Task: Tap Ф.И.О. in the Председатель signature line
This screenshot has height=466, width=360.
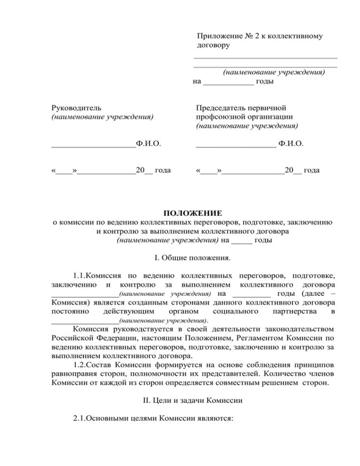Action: pyautogui.click(x=290, y=143)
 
